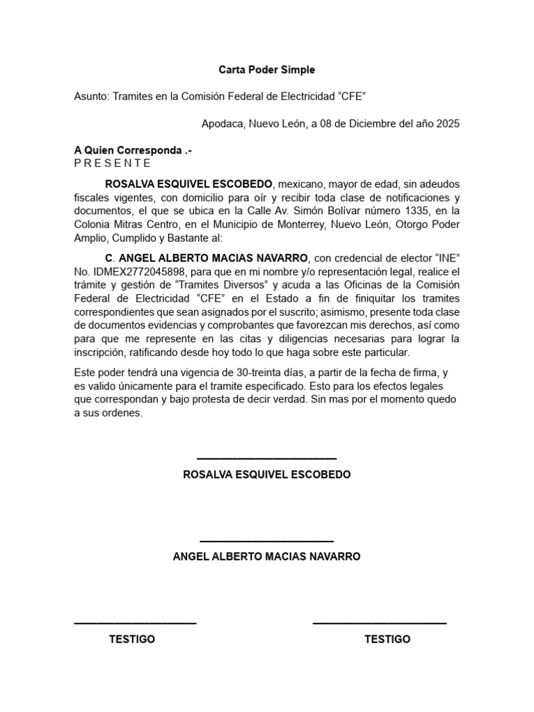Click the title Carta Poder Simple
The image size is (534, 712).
pos(266,70)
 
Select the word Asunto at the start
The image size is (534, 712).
pos(90,97)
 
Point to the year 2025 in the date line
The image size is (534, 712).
pos(446,124)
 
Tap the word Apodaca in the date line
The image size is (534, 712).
pos(222,124)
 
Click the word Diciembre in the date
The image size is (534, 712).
pos(366,124)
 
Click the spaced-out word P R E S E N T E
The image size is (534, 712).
pos(112,163)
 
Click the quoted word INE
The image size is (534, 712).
pos(447,257)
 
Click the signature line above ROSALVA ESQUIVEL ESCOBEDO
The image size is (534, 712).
pos(266,458)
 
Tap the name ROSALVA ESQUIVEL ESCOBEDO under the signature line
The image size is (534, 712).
pos(266,474)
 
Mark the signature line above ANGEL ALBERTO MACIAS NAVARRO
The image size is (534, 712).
pos(266,540)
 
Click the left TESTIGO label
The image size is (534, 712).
pos(132,639)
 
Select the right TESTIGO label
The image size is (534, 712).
pos(387,639)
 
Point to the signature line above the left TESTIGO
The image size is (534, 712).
pos(135,623)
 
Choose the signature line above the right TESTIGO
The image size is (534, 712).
pos(379,623)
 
